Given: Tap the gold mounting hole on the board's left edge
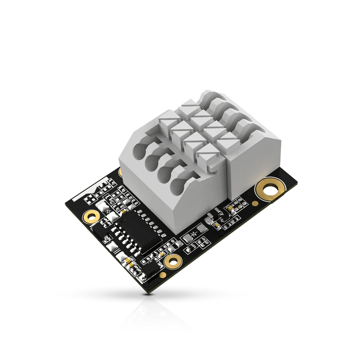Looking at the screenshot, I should click(92, 216).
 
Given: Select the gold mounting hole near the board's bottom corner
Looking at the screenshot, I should click(172, 261).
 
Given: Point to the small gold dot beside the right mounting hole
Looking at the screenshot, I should click(255, 203).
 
